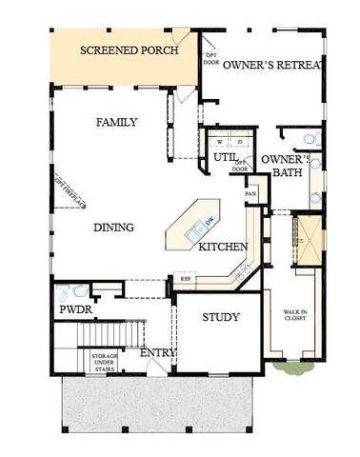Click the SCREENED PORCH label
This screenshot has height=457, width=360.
128,50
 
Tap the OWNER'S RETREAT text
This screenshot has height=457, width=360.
273,64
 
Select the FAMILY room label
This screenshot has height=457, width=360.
117,122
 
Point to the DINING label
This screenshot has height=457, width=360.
113,228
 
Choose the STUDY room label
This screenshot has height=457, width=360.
221,317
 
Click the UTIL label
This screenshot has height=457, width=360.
225,157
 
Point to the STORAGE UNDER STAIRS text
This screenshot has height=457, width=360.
105,361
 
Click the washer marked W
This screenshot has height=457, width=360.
219,141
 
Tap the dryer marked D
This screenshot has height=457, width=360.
238,141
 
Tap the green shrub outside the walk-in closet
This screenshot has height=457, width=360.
289,365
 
